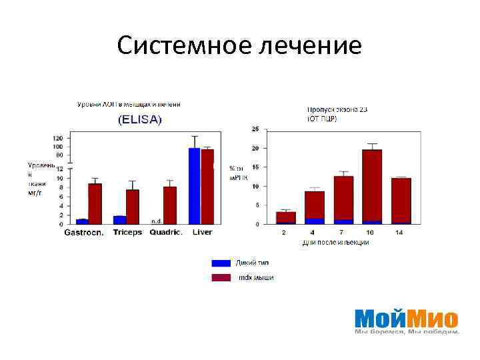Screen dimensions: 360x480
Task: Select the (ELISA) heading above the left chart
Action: (x=140, y=120)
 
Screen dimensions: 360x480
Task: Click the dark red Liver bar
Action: (x=207, y=186)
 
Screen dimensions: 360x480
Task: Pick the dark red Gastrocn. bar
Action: (x=95, y=203)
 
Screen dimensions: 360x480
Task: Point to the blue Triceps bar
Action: (x=120, y=219)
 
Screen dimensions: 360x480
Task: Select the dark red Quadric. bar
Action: (x=170, y=205)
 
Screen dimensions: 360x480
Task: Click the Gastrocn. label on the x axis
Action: (x=83, y=233)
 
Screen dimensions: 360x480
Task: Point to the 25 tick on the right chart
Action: (x=254, y=129)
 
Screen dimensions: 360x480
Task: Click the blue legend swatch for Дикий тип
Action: (x=221, y=263)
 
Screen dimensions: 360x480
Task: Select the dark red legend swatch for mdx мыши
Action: (x=221, y=277)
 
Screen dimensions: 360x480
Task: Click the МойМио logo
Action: (x=406, y=319)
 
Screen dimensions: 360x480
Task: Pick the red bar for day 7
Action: (x=343, y=197)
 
